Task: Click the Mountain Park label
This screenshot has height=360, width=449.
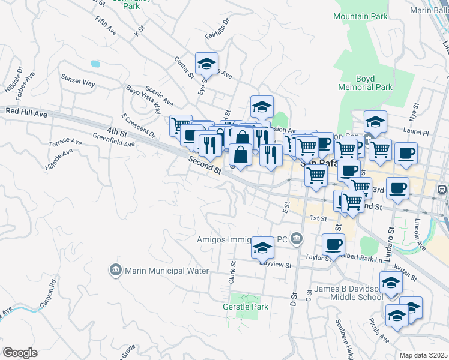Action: [360, 17]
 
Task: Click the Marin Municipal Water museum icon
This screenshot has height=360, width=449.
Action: [115, 271]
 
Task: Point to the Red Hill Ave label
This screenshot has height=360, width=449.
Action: [26, 112]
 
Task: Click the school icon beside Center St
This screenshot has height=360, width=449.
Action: [206, 62]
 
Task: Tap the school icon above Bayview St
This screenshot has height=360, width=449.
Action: [262, 247]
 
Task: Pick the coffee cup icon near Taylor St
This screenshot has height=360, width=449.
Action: [334, 243]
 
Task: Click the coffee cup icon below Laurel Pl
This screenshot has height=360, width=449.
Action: [406, 153]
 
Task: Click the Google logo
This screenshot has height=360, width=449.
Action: [20, 353]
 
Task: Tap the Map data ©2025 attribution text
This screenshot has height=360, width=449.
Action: [423, 355]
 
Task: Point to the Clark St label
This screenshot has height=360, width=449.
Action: [231, 273]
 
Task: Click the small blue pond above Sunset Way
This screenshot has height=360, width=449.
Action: [95, 63]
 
